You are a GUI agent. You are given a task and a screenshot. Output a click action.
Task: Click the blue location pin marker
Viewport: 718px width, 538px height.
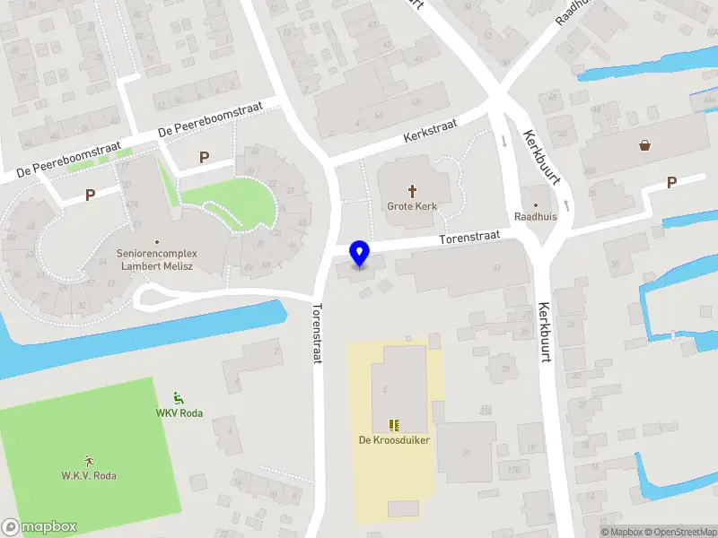pos(359,254)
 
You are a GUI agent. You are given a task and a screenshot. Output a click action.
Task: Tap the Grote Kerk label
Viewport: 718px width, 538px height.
pos(412,206)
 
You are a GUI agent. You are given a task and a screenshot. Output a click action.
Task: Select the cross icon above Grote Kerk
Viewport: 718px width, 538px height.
pos(413,190)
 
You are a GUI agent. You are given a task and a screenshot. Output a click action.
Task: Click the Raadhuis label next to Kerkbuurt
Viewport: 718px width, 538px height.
pos(536,217)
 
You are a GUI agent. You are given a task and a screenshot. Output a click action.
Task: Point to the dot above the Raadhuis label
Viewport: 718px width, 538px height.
pos(537,204)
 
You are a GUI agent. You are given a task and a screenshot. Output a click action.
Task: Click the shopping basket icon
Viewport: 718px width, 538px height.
pos(644,144)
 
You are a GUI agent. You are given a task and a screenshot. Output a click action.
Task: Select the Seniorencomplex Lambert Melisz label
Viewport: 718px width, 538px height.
pos(157,260)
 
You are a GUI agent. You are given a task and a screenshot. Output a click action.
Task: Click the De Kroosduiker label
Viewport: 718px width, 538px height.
pos(392,440)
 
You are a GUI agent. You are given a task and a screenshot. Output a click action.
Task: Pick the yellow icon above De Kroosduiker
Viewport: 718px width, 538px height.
pos(392,424)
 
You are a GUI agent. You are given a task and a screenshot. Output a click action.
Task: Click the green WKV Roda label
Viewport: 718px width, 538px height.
pos(179,412)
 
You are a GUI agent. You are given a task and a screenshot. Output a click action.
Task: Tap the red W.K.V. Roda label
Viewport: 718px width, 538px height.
pos(89,475)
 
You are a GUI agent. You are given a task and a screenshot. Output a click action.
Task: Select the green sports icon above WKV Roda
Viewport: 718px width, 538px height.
pos(178,398)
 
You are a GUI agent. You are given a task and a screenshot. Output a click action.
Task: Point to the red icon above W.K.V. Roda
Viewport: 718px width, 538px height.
pos(89,460)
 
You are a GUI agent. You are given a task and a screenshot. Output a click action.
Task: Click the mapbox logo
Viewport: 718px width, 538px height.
pos(39,527)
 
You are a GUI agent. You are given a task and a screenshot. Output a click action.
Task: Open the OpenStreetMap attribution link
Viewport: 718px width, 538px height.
pos(676,532)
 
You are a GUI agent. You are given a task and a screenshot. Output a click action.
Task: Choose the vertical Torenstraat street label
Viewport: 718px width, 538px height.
pos(316,332)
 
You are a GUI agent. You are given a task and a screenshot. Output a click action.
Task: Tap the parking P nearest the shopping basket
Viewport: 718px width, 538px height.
pos(671,182)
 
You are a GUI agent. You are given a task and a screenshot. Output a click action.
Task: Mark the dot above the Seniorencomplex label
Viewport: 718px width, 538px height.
pos(157,241)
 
